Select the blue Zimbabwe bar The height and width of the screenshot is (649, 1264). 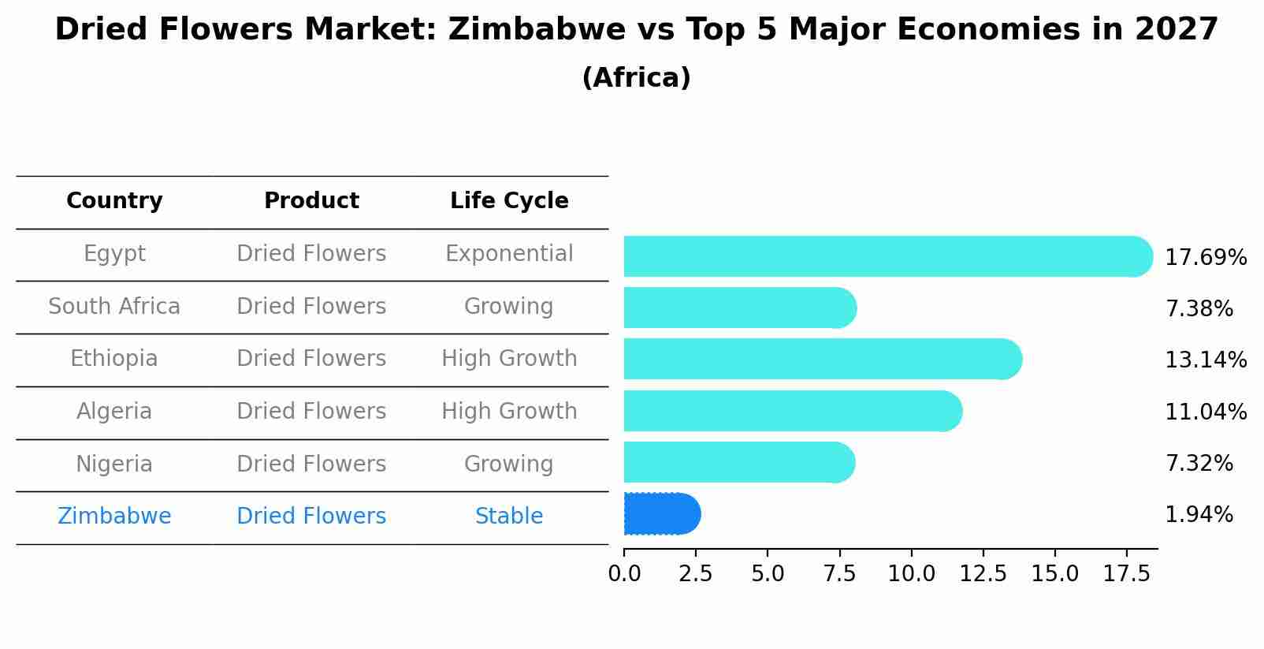(661, 514)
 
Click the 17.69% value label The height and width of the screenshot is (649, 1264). (1205, 258)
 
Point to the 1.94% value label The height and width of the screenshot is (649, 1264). (1198, 515)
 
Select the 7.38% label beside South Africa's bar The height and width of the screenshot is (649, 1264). (1198, 309)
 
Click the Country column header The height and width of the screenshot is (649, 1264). (114, 201)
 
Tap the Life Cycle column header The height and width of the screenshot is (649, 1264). (509, 201)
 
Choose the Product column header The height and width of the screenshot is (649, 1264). (311, 201)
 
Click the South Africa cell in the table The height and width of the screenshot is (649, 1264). (114, 307)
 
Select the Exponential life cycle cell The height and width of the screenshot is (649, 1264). (509, 254)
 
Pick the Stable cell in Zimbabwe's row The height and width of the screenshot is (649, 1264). (509, 517)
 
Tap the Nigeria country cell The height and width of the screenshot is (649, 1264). (114, 464)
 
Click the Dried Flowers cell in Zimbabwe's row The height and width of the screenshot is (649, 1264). (311, 517)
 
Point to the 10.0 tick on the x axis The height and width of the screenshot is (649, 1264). (911, 574)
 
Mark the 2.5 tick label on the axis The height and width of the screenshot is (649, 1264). (695, 574)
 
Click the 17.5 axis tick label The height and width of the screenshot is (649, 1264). (1126, 574)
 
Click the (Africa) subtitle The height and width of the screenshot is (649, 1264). (636, 78)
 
